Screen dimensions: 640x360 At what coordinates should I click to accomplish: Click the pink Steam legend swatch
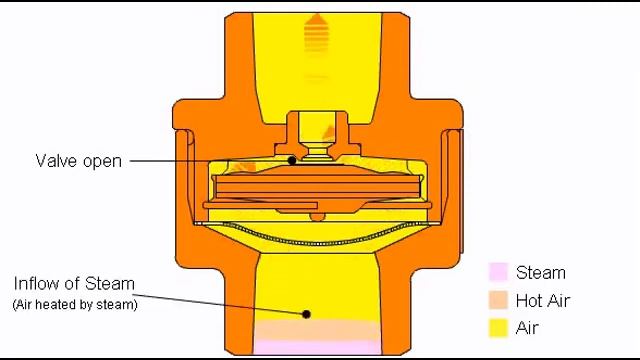pyautogui.click(x=498, y=272)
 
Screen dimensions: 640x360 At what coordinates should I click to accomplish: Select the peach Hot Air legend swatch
pyautogui.click(x=498, y=300)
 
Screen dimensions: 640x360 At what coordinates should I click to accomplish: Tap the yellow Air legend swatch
pyautogui.click(x=498, y=328)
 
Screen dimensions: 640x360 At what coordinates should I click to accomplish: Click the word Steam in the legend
pyautogui.click(x=541, y=273)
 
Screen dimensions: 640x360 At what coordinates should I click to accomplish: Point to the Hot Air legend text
pyautogui.click(x=542, y=301)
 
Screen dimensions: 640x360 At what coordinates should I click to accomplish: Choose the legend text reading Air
pyautogui.click(x=527, y=328)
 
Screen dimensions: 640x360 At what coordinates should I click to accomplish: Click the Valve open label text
pyautogui.click(x=78, y=161)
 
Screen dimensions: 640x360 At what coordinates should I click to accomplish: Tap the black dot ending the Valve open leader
pyautogui.click(x=292, y=160)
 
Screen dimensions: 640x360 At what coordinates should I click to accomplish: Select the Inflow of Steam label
pyautogui.click(x=74, y=283)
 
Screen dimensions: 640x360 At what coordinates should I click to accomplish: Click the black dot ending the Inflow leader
pyautogui.click(x=306, y=314)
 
